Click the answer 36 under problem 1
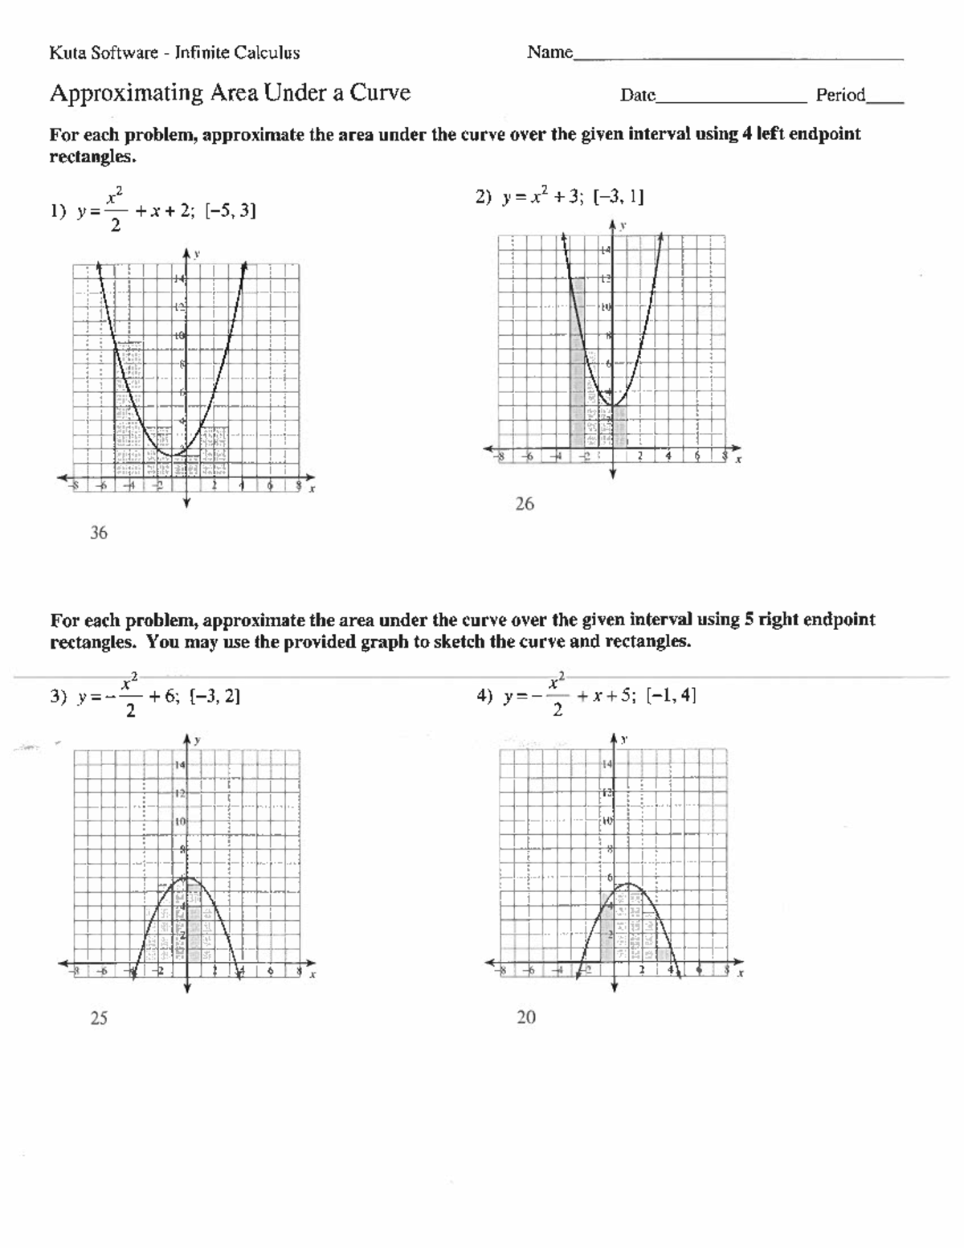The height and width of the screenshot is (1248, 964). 98,533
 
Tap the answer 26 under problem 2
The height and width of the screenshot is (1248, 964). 524,504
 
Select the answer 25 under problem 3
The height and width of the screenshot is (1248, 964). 98,1018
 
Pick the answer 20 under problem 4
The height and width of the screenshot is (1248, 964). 525,1017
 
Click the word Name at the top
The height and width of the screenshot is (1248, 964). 549,52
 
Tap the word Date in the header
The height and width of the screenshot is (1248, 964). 638,96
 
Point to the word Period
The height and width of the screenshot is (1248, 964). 840,96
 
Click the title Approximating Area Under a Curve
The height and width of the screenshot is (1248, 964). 230,93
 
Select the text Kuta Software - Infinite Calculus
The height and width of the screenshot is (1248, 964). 174,53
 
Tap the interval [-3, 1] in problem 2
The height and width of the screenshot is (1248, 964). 618,197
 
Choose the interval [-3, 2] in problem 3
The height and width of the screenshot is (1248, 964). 214,696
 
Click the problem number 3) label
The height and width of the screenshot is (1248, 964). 58,697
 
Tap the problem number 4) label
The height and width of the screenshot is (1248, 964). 484,696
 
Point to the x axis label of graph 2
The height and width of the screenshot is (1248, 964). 738,460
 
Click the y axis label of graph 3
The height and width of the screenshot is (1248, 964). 198,739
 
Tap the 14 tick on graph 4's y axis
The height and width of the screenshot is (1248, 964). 607,763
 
